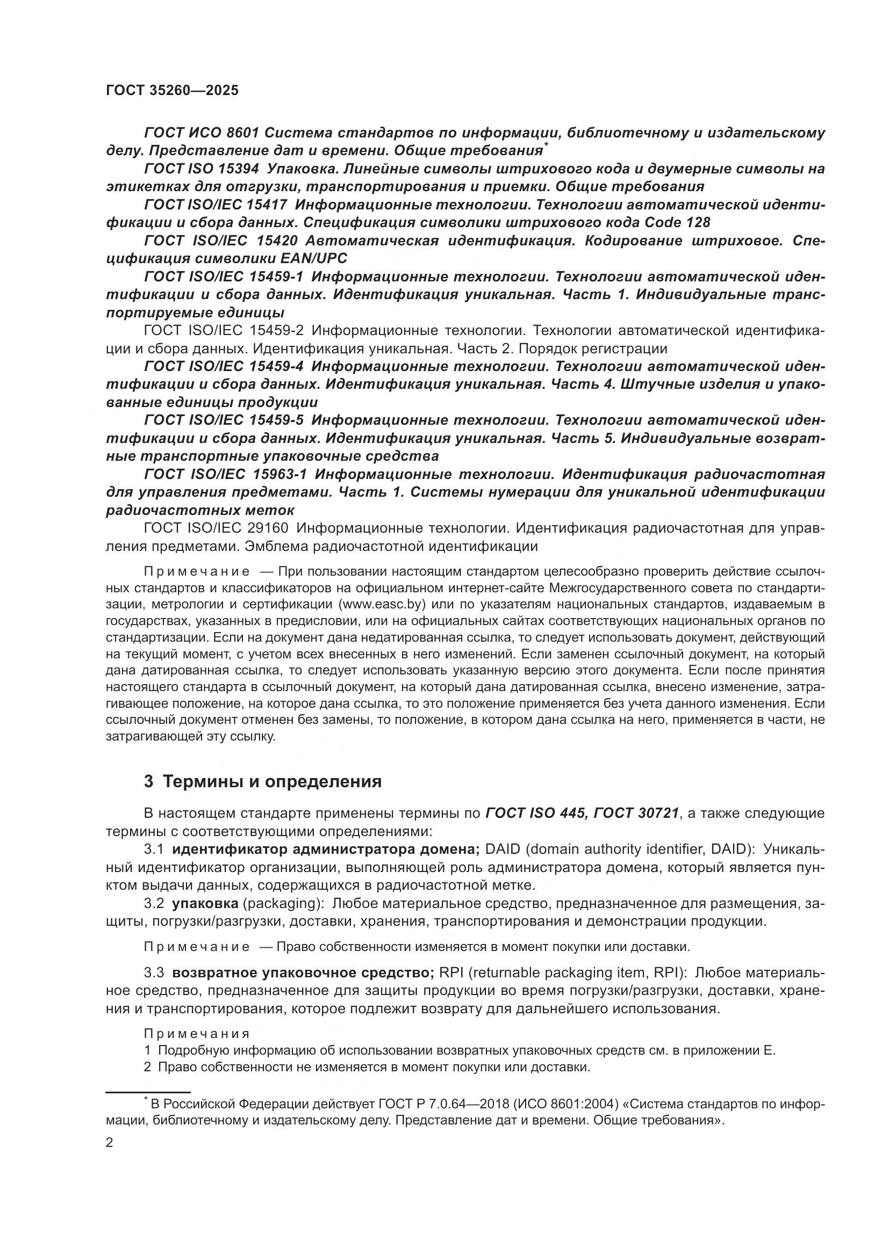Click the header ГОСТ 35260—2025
[x=173, y=91]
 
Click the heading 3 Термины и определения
[x=263, y=781]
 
